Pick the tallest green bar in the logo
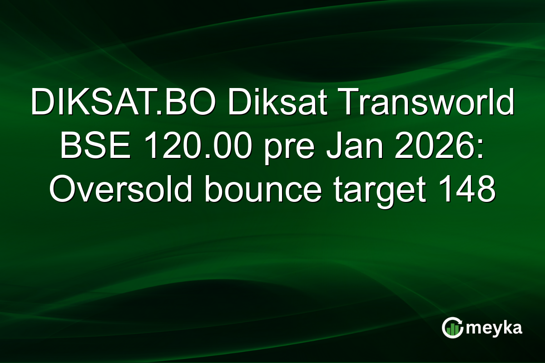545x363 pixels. tap(456, 329)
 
